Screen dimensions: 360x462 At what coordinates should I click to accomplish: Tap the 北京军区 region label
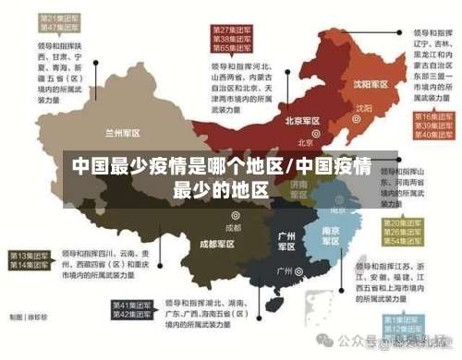pyautogui.click(x=302, y=121)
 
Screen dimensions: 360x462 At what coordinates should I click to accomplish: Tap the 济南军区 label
pyautogui.click(x=298, y=190)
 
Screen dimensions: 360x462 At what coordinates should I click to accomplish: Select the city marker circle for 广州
pyautogui.click(x=299, y=272)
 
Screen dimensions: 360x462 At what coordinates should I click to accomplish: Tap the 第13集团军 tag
pyautogui.click(x=30, y=255)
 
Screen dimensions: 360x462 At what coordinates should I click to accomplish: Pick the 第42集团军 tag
pyautogui.click(x=132, y=315)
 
